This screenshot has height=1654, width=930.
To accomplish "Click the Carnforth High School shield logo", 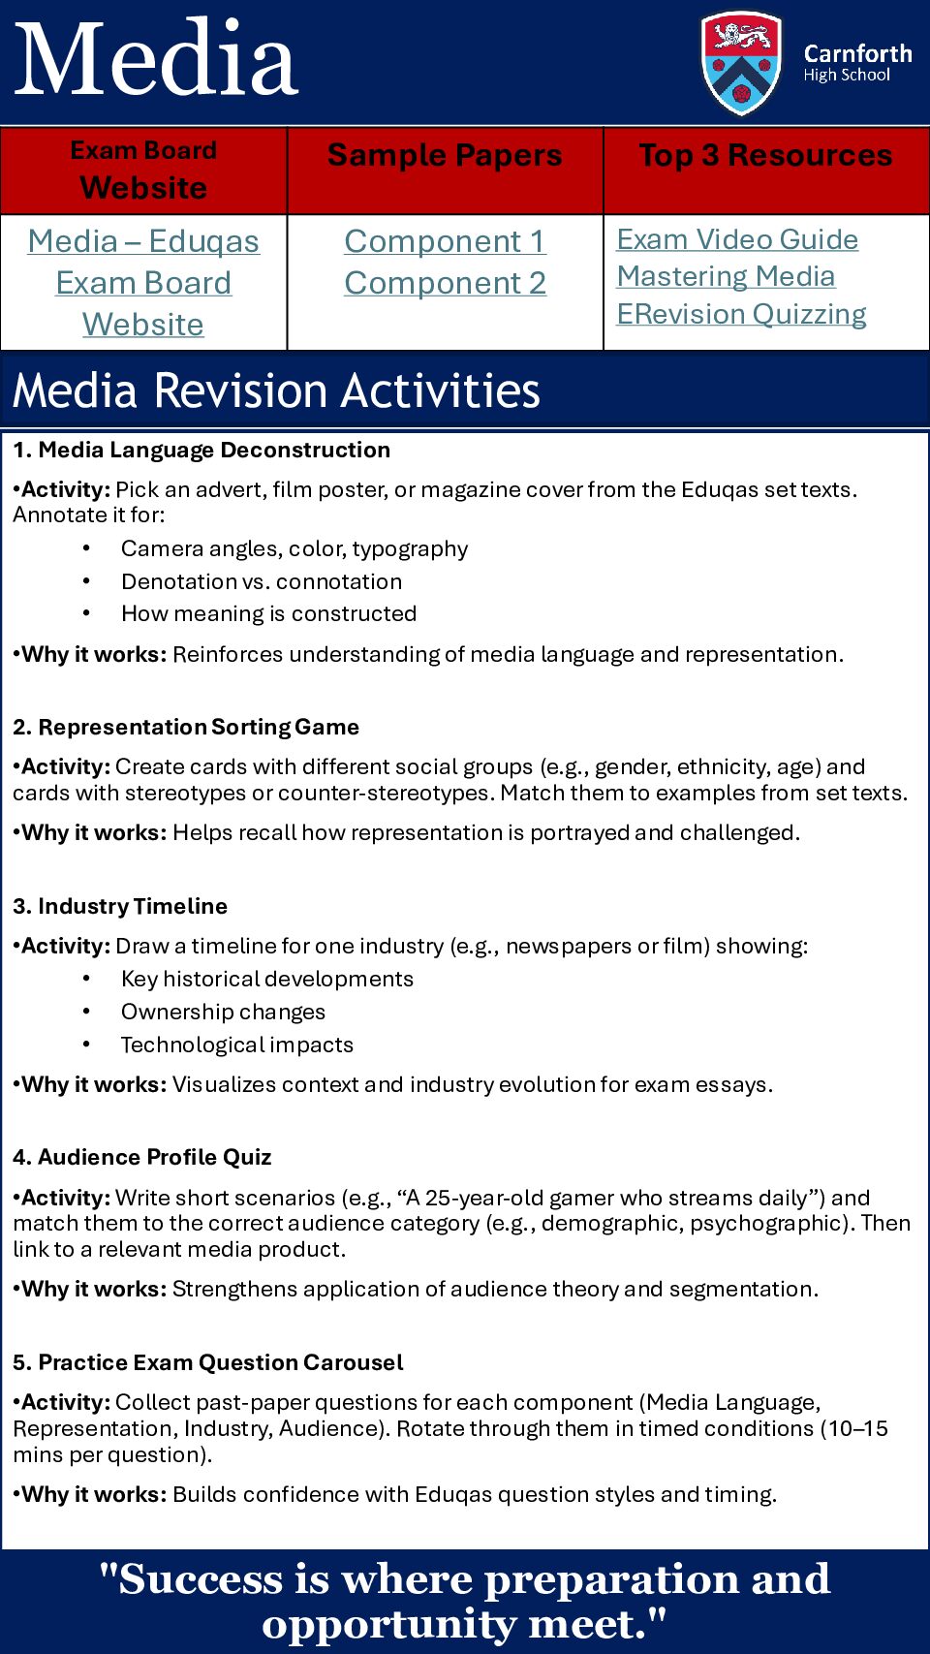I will coord(741,62).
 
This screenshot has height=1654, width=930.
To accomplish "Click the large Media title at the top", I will coord(157,60).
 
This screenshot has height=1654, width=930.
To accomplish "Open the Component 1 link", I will coord(445,241).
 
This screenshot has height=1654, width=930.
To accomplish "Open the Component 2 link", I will coord(445,283).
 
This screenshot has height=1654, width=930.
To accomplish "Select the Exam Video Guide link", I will coord(737,239).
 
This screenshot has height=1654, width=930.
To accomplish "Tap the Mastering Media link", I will coord(726,276).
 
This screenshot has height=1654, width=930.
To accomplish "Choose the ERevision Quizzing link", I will coord(741,314).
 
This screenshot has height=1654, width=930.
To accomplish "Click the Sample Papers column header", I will coord(445,155).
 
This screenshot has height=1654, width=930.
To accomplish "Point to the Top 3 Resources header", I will coord(765,155).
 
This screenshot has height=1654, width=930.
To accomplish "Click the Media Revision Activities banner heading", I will coord(276,390).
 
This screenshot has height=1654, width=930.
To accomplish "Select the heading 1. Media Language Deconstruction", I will coord(201,450).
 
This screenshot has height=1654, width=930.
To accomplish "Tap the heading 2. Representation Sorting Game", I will coord(186,727).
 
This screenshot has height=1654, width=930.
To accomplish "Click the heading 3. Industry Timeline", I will coord(120,906).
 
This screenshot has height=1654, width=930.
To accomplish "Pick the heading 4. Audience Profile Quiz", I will coord(141,1157).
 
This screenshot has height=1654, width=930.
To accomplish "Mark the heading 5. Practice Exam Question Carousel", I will coord(208,1362).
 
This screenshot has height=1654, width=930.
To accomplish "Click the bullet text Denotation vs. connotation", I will coord(262,581).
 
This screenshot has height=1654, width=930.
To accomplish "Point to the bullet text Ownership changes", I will coord(223,1012).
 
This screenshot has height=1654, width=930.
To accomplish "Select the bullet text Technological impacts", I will coord(237,1045).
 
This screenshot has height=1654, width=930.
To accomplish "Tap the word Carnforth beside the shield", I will coord(857,53).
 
